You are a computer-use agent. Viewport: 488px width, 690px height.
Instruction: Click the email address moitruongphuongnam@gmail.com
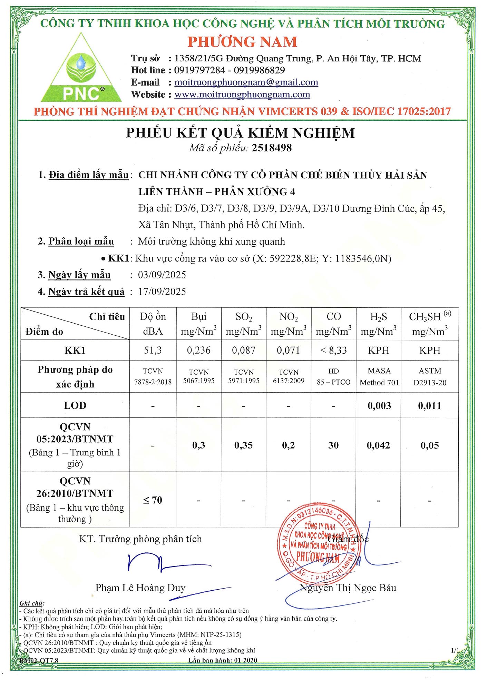[x=246, y=82]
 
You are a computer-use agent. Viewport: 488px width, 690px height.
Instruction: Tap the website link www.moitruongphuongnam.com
[x=242, y=95]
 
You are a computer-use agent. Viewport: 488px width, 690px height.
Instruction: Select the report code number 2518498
[x=272, y=148]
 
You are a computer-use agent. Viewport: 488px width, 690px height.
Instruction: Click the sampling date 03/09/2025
[x=162, y=275]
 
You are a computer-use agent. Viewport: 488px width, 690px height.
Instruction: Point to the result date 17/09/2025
[x=162, y=292]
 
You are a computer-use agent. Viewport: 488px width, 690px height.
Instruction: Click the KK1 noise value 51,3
[x=153, y=351]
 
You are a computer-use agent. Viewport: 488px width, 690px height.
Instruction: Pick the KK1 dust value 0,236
[x=198, y=351]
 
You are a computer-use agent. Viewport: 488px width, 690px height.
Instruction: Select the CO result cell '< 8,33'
[x=333, y=351]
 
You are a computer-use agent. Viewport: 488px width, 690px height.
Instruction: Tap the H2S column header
[x=378, y=324]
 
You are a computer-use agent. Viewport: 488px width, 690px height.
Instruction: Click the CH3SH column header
[x=429, y=324]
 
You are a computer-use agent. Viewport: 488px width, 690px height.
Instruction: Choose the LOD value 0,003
[x=379, y=406]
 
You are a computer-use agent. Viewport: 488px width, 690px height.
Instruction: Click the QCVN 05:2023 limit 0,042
[x=378, y=445]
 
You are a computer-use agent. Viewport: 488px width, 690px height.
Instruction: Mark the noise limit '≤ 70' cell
[x=153, y=500]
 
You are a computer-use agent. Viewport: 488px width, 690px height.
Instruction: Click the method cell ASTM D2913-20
[x=430, y=377]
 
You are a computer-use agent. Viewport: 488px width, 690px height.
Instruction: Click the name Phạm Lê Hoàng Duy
[x=140, y=588]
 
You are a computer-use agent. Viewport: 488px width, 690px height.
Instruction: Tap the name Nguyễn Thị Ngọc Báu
[x=348, y=588]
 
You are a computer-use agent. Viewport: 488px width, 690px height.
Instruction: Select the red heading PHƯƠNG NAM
[x=242, y=42]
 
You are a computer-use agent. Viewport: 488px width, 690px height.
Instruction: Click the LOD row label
[x=75, y=406]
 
